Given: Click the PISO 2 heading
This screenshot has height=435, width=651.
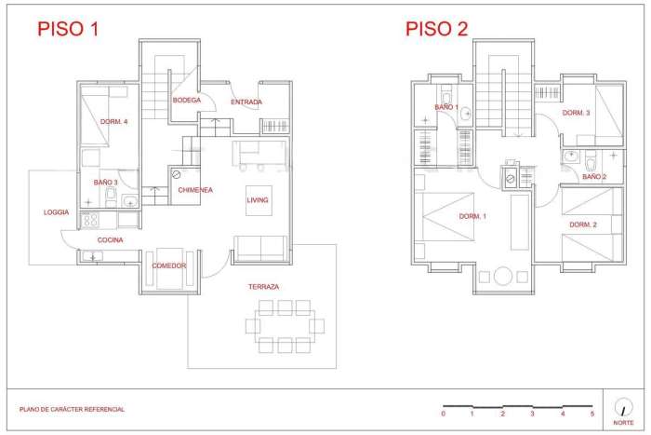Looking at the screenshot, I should point(437,28).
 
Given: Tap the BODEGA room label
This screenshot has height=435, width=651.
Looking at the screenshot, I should point(187,101).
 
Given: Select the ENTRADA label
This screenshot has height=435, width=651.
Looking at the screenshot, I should point(246,102).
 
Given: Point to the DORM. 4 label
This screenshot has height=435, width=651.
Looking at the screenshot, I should point(113,122).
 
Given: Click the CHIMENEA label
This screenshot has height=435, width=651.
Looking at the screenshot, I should point(195,190).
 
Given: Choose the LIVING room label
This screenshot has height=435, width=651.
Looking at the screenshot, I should point(258,200).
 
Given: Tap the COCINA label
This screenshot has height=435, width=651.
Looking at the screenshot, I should point(111,240).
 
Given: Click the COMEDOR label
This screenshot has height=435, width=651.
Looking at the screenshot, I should point(169,265).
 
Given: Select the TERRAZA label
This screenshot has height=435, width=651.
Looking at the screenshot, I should point(263,287).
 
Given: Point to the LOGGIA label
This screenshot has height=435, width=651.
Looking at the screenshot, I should point(56,212).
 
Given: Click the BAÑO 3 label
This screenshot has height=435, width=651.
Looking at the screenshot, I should point(105,183).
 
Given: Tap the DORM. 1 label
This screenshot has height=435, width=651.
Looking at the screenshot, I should point(472,216).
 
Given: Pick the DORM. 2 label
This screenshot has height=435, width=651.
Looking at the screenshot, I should point(582,224).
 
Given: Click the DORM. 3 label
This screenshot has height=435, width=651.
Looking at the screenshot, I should point(576,113).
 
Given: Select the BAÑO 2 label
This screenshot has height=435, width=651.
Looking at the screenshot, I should point(594,176).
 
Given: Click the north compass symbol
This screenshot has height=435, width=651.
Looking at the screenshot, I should point(620,406).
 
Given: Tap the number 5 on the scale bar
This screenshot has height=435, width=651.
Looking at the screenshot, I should point(592,414).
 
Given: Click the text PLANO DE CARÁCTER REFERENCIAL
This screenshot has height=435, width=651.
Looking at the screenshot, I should point(72,409).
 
